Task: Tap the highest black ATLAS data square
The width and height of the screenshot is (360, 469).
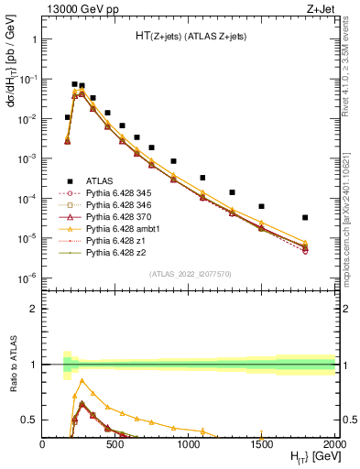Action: pos(75,84)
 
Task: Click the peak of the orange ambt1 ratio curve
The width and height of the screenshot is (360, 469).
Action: pos(82,379)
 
